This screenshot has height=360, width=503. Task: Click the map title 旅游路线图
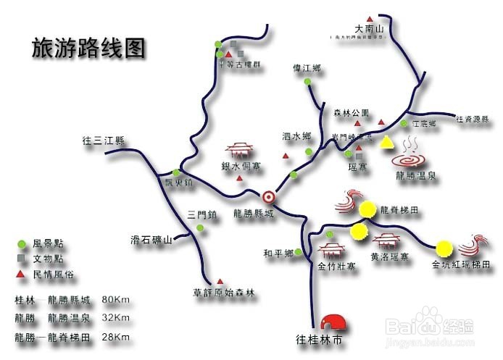89,48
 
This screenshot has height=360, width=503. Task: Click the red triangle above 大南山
370,17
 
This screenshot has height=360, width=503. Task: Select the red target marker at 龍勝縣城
268,196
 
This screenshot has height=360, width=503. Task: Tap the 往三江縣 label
104,141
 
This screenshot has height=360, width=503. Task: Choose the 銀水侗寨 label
240,166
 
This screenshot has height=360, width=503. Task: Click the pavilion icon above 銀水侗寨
240,150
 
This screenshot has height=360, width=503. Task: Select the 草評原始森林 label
224,293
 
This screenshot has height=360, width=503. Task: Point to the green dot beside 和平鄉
299,252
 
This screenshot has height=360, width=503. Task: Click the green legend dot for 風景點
22,245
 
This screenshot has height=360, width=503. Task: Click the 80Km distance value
116,299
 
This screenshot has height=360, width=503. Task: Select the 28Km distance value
116,337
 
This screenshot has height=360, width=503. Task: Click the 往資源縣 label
475,118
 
